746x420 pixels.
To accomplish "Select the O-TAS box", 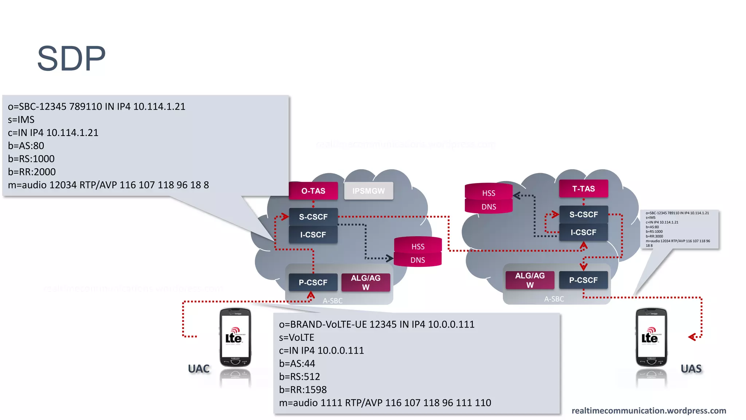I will pyautogui.click(x=313, y=191).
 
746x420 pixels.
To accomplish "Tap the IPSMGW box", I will pyautogui.click(x=368, y=191).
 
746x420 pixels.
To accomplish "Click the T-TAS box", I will pyautogui.click(x=584, y=188).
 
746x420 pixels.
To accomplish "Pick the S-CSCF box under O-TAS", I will pyautogui.click(x=313, y=217).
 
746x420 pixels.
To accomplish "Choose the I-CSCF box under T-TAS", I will pyautogui.click(x=584, y=232).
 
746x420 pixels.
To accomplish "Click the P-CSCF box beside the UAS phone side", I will pyautogui.click(x=584, y=280).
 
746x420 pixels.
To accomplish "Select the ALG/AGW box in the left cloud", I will pyautogui.click(x=366, y=283).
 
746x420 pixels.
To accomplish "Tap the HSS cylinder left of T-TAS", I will pyautogui.click(x=488, y=193).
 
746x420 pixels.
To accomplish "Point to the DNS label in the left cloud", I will pyautogui.click(x=418, y=260).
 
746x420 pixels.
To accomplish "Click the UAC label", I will pyautogui.click(x=199, y=369).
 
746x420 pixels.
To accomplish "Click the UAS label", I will pyautogui.click(x=691, y=369).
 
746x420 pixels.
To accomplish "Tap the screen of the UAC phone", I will pyautogui.click(x=235, y=336).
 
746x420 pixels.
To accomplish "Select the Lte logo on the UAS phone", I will pyautogui.click(x=650, y=337).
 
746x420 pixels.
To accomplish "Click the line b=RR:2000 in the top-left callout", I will pyautogui.click(x=32, y=172).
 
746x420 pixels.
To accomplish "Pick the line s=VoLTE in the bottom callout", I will pyautogui.click(x=297, y=337).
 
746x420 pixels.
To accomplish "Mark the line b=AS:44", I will pyautogui.click(x=297, y=363).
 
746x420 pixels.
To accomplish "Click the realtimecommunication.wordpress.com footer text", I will pyautogui.click(x=649, y=411).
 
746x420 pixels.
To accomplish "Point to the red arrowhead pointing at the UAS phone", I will pyautogui.click(x=692, y=337).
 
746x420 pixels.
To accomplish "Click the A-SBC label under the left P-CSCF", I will pyautogui.click(x=333, y=301).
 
